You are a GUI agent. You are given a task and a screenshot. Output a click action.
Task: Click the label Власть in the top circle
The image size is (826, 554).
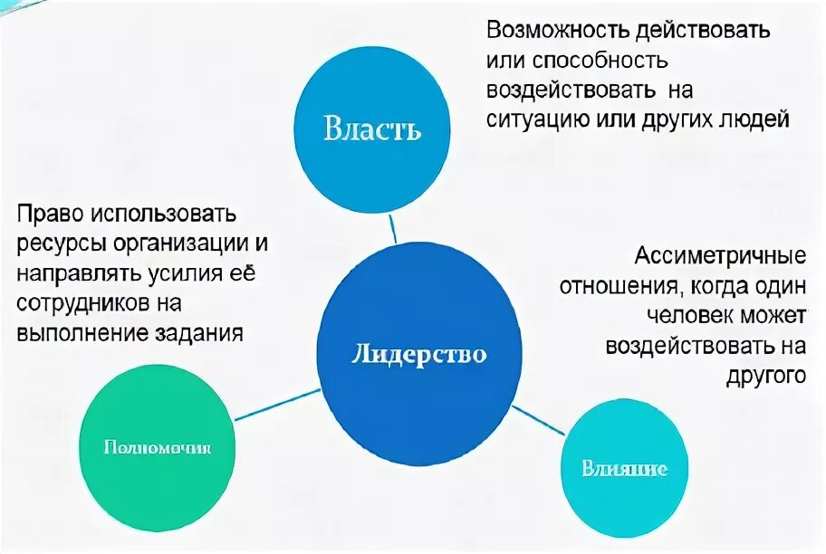[x=372, y=129]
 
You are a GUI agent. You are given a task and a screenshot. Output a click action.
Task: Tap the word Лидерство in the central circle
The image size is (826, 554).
[x=418, y=354]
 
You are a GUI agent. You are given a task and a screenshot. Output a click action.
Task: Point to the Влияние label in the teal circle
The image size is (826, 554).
[x=625, y=468]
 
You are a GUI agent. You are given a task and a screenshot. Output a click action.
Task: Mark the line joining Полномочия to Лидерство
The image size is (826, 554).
[x=276, y=405]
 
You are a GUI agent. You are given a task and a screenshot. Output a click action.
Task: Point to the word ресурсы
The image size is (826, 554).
[x=61, y=244]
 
